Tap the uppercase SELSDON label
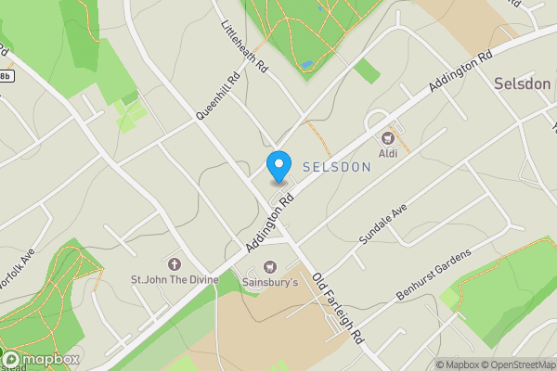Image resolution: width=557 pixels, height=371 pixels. pos(337,167)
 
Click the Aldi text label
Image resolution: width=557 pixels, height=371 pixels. pos(387,152)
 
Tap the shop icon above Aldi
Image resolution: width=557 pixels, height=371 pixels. pos(387,137)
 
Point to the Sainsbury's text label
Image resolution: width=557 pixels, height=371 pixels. pos(270,281)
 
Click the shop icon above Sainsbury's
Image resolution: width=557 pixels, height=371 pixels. pos(270,266)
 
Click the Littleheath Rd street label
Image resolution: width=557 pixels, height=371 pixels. pos(244,49)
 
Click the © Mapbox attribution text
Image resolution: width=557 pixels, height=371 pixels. pos(454,365)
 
